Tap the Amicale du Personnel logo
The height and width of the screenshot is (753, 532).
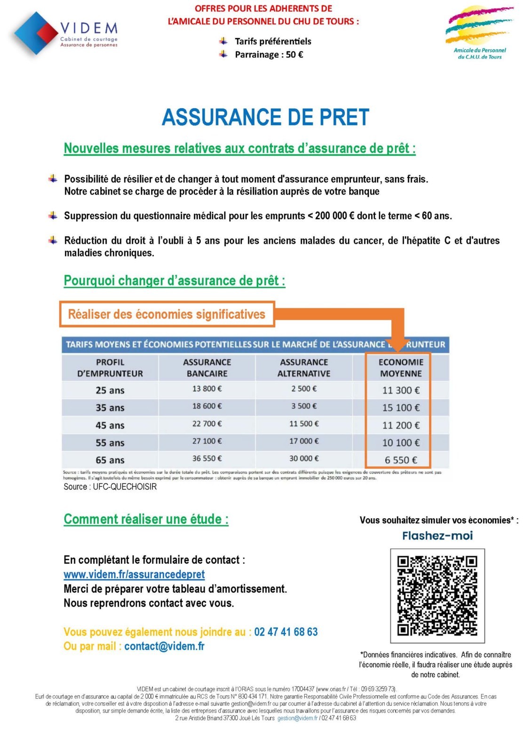479,33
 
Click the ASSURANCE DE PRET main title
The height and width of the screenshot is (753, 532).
265,117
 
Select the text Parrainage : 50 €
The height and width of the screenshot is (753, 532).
269,55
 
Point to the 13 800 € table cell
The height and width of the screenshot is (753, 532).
207,389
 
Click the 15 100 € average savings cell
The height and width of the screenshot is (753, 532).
401,408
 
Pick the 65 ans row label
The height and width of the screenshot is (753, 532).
110,460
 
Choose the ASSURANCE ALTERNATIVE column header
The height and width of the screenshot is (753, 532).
304,368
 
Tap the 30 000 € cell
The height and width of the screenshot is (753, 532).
304,458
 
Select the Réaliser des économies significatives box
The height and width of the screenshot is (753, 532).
167,314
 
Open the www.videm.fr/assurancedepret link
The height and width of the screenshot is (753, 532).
134,575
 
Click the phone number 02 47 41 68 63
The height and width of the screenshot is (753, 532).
286,632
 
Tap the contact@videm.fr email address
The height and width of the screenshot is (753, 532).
164,646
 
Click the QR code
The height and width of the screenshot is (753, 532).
437,595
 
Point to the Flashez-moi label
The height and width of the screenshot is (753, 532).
437,536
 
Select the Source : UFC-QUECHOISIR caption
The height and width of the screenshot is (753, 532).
110,487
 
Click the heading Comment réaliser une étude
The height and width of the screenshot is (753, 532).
146,519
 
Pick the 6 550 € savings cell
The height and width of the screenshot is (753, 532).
401,460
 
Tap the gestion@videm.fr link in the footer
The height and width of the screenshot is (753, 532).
297,718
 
